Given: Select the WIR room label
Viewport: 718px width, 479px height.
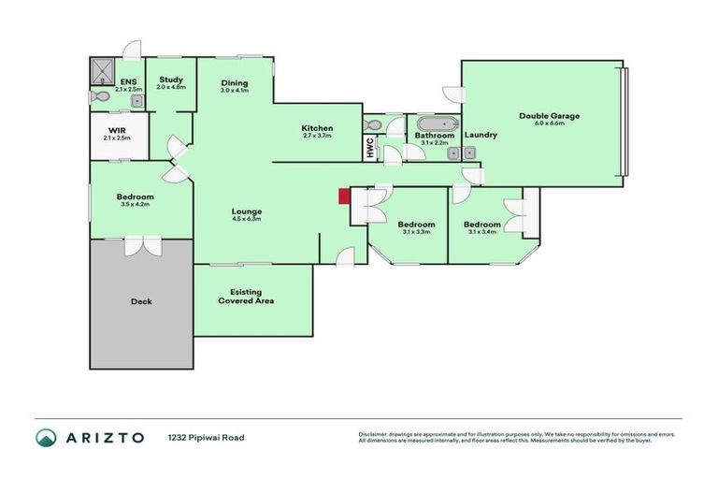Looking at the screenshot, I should click(117, 131).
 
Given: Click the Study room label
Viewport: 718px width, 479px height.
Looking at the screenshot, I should click(171, 80).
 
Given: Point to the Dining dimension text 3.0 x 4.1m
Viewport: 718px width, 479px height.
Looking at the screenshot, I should click(234, 91).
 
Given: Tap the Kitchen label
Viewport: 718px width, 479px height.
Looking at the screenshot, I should click(317, 128).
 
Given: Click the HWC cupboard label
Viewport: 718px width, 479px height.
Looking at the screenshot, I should click(369, 148).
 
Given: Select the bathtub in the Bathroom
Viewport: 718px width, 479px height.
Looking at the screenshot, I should click(435, 123).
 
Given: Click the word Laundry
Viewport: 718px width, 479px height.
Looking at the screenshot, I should click(481, 135).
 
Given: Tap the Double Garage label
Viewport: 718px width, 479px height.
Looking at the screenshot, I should click(550, 116).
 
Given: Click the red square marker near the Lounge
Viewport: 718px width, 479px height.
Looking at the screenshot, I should click(343, 195).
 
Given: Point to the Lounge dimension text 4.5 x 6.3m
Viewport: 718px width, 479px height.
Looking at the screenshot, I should click(246, 219).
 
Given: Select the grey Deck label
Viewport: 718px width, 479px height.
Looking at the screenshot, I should click(141, 301).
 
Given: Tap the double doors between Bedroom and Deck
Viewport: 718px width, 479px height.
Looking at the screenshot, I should click(141, 245).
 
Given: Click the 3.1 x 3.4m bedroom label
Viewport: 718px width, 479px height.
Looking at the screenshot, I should click(482, 228).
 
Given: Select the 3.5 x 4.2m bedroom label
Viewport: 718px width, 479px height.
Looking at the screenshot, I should click(136, 201).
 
